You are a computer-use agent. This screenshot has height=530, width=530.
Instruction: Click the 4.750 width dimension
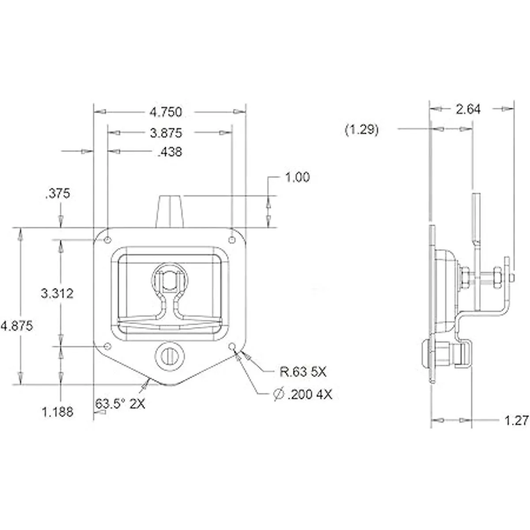tap(166, 112)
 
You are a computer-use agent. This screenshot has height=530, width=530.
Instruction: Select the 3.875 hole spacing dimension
tap(166, 133)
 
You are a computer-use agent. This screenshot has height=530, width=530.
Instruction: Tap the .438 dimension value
tap(170, 152)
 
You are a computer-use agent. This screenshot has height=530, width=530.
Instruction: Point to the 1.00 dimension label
tap(298, 178)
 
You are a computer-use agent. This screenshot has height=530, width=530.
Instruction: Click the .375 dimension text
tap(57, 193)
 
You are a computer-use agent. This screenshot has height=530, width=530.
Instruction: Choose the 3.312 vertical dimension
tap(57, 294)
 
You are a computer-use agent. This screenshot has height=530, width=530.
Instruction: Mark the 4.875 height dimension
tap(16, 326)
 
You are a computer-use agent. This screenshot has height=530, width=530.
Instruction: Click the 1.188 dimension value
tap(57, 412)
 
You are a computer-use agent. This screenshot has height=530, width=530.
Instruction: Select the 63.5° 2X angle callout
tap(120, 404)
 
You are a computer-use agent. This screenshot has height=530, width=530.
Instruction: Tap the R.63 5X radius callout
tap(303, 372)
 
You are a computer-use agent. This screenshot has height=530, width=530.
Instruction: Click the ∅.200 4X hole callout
tap(303, 395)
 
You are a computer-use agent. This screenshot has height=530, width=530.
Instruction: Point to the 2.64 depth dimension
tap(468, 110)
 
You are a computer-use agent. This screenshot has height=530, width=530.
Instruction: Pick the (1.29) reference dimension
tap(362, 129)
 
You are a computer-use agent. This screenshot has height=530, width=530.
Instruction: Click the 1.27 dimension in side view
tap(516, 420)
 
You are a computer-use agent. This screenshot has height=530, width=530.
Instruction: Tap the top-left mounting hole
tap(108, 240)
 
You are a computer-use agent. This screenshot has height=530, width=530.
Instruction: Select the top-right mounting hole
tap(232, 240)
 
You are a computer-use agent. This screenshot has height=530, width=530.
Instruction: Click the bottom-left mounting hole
tap(108, 346)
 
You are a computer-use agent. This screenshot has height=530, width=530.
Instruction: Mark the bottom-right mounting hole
tap(232, 346)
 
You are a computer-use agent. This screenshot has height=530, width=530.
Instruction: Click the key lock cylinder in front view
tap(170, 356)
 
